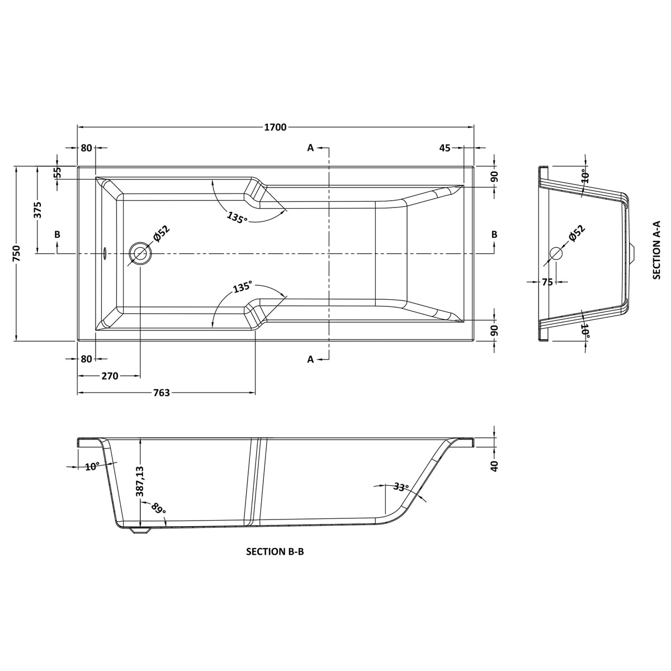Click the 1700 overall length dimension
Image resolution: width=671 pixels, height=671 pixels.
[275, 127]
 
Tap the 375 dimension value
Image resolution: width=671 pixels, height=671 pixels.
[38, 210]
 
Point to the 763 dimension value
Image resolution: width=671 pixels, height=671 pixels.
[162, 393]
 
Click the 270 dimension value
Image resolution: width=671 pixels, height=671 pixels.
[110, 376]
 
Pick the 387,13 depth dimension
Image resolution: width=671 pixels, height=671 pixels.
[140, 481]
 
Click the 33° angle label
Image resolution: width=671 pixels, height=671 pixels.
[401, 486]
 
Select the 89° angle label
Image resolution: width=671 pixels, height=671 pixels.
[158, 509]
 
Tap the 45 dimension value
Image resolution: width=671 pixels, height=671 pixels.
[445, 148]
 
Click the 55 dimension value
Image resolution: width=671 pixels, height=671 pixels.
[58, 172]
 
